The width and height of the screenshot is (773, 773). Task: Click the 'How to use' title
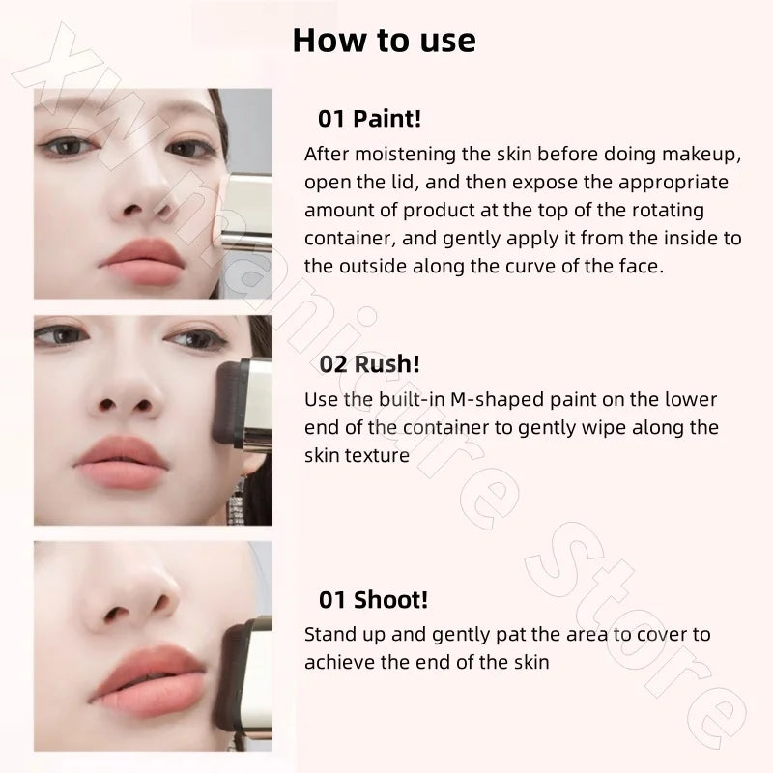384,41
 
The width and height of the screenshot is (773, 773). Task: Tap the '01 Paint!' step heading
370,119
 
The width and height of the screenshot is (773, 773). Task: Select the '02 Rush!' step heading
370,364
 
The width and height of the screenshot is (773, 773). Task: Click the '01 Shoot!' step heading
373,599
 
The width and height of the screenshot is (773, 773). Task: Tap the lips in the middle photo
122,462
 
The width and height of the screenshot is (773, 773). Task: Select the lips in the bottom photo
148,680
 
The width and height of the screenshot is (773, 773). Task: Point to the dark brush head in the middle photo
227,402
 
